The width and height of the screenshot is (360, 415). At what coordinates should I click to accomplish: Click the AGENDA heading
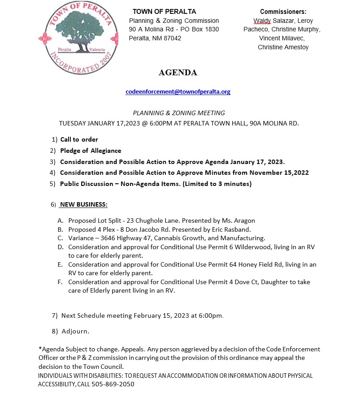point(178,73)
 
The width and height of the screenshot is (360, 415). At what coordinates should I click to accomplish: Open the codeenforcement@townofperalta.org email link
point(178,91)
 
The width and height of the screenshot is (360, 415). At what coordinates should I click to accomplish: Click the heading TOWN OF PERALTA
point(164,12)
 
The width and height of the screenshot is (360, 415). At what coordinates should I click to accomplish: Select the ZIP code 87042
point(173,38)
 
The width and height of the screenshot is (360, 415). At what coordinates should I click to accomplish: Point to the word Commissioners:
point(283,12)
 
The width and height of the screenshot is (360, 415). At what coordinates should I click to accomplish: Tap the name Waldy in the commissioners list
point(262,21)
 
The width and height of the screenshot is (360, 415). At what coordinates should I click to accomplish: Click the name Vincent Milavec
point(283,38)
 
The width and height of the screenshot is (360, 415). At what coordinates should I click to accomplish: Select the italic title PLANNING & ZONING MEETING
point(179,113)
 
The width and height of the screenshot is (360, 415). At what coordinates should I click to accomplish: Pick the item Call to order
point(79,139)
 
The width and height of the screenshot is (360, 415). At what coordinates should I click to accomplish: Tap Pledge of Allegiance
point(91,151)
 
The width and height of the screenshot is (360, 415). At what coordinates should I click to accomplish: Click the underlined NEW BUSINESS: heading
point(83,205)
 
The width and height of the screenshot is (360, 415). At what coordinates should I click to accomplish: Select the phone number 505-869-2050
point(113,384)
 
